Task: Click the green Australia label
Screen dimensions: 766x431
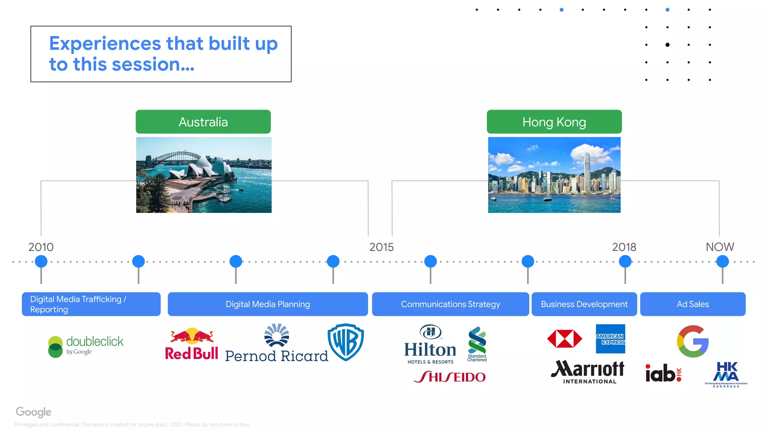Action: click(203, 122)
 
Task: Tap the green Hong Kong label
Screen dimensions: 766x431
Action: click(554, 122)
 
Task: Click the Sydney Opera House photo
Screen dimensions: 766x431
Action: click(204, 175)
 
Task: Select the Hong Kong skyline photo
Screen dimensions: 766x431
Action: click(554, 175)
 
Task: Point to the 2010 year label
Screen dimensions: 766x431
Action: click(41, 247)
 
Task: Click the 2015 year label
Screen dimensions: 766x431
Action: click(382, 247)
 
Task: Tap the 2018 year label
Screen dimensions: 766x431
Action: click(624, 247)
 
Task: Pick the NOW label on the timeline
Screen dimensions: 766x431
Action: click(720, 247)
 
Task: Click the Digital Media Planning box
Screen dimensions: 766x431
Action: click(268, 304)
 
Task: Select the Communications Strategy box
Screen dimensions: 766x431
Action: click(450, 304)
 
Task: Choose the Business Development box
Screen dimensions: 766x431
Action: click(584, 304)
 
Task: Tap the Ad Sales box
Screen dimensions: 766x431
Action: click(693, 304)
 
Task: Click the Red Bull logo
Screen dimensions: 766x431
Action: click(191, 344)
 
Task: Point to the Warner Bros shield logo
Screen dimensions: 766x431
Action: click(346, 342)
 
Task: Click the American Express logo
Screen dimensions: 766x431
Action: click(610, 339)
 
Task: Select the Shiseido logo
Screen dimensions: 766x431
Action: click(450, 377)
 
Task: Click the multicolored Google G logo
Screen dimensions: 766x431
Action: click(693, 341)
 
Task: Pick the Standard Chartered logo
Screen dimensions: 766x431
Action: click(477, 344)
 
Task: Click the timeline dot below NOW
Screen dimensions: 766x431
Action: click(722, 261)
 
